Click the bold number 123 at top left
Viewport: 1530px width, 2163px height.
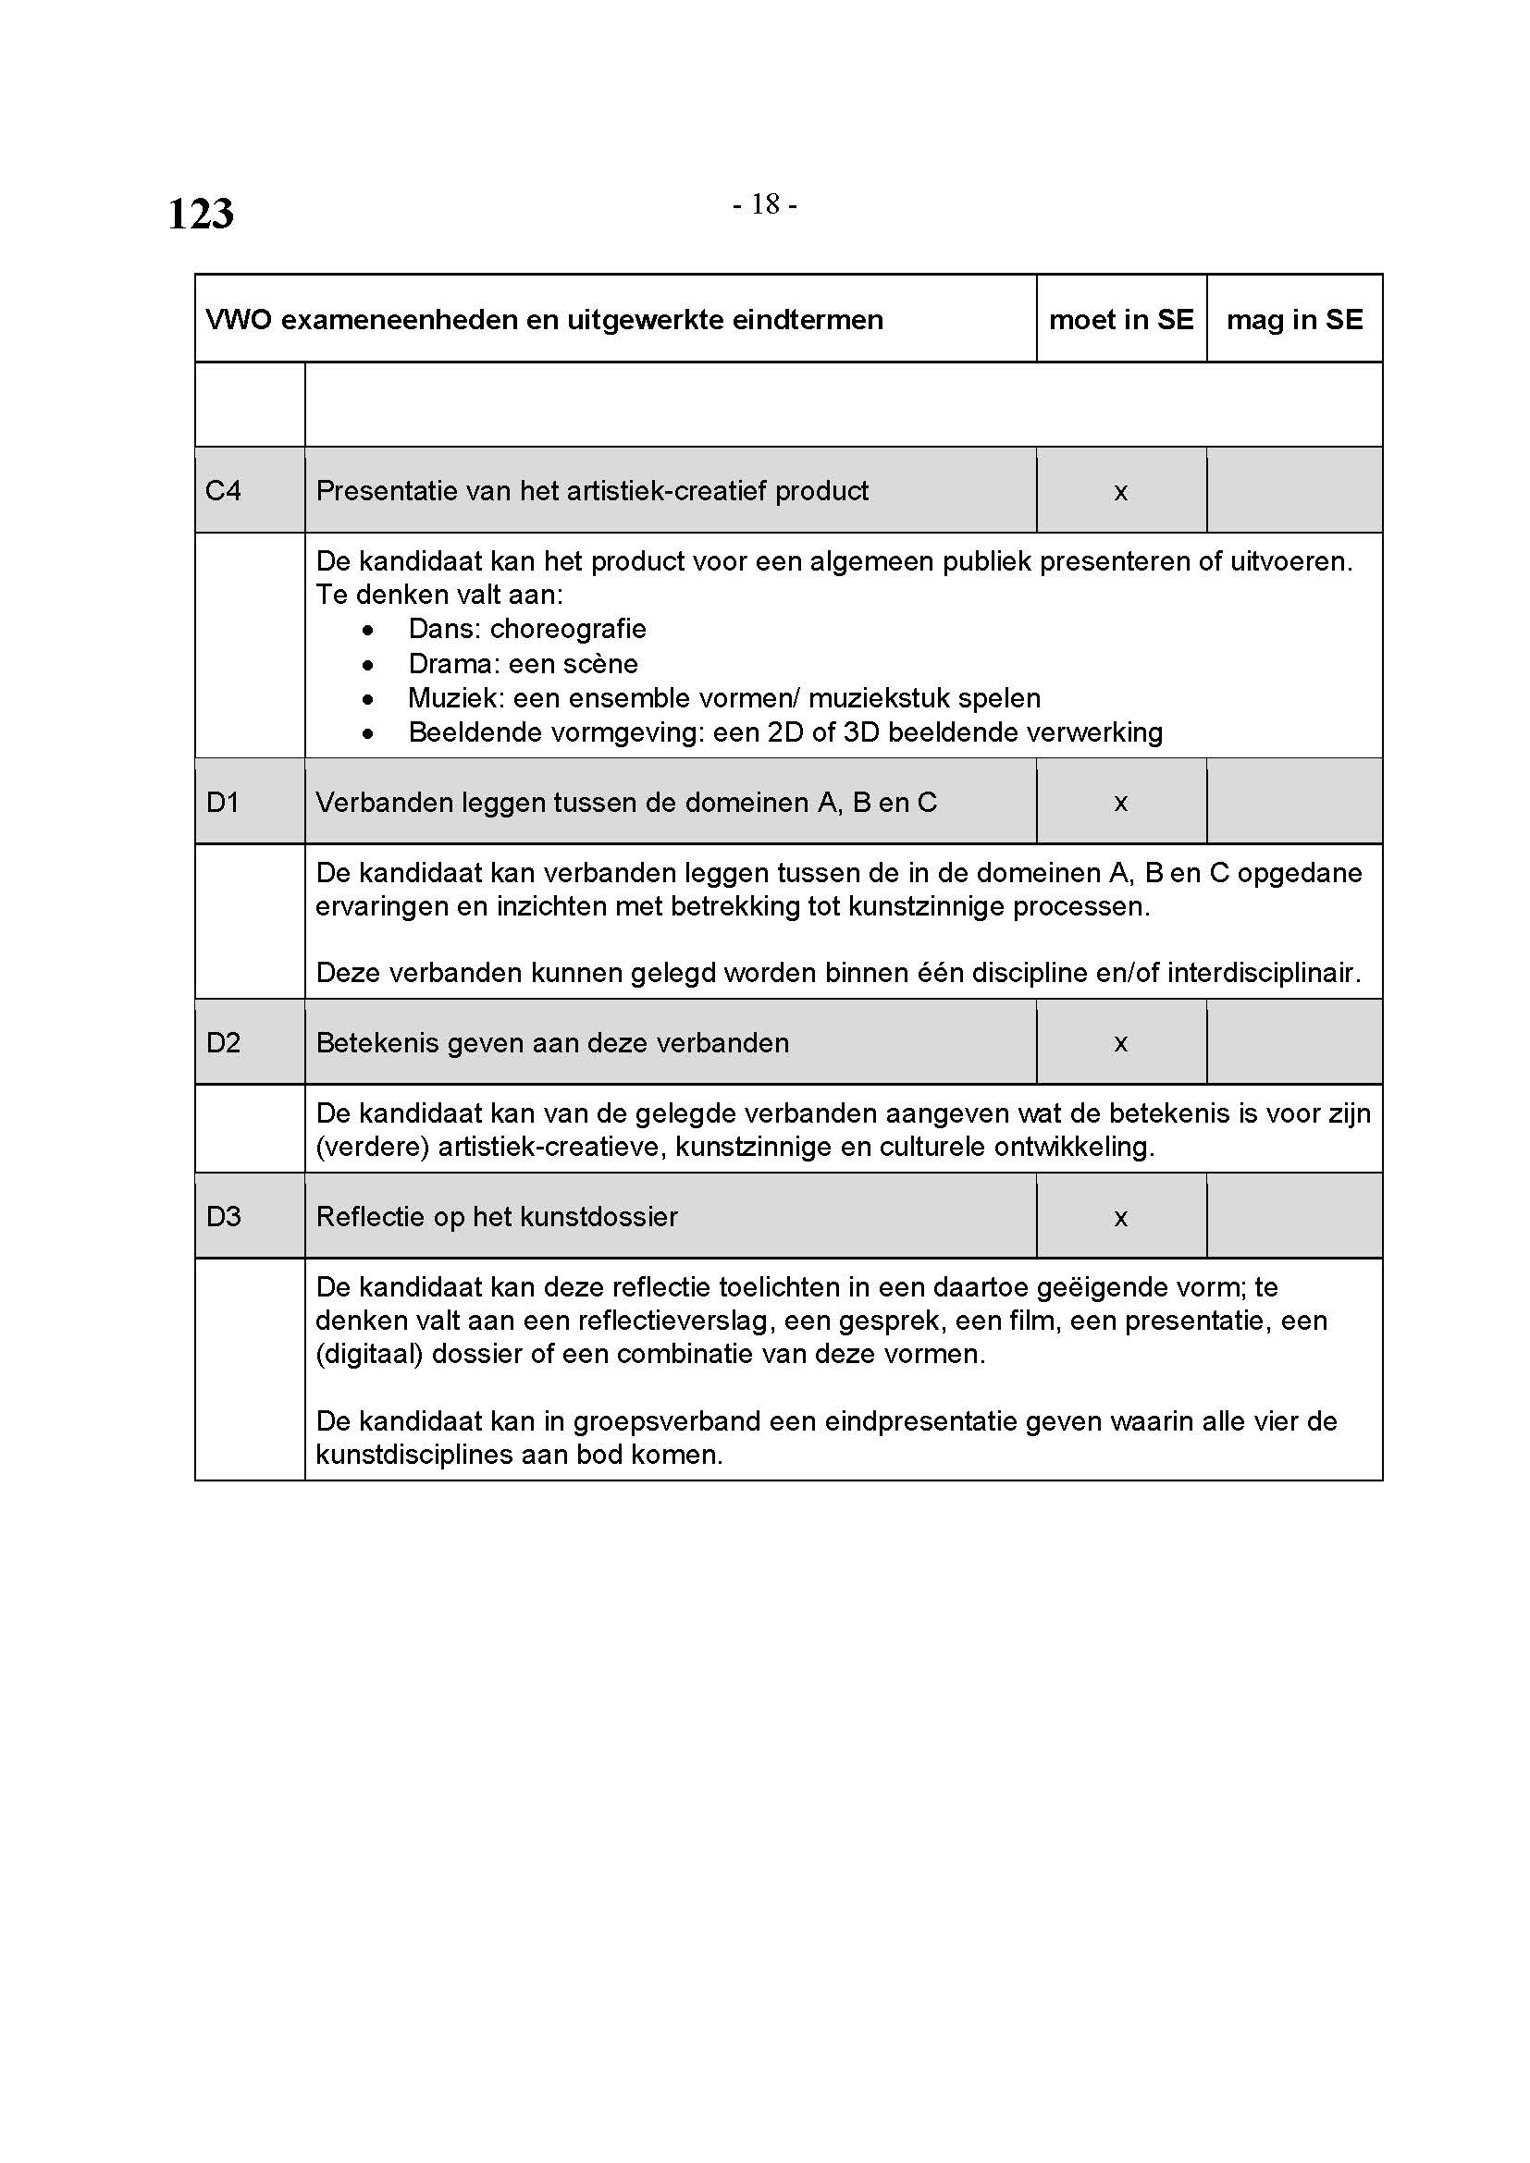(201, 214)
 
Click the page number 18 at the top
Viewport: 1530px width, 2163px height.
(765, 203)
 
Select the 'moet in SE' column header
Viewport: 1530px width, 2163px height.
(1121, 319)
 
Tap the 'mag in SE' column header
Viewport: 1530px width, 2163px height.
(1294, 319)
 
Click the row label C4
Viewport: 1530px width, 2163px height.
(223, 491)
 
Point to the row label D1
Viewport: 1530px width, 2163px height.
(222, 803)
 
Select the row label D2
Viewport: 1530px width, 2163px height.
(223, 1043)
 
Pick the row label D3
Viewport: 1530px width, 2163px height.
(223, 1217)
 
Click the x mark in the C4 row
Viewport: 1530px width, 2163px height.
(1121, 493)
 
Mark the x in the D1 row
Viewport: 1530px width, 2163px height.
(1121, 804)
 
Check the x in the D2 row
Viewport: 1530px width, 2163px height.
(1121, 1044)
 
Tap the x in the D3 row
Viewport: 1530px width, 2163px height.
(1121, 1218)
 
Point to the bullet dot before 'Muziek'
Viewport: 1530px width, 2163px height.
(367, 699)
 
